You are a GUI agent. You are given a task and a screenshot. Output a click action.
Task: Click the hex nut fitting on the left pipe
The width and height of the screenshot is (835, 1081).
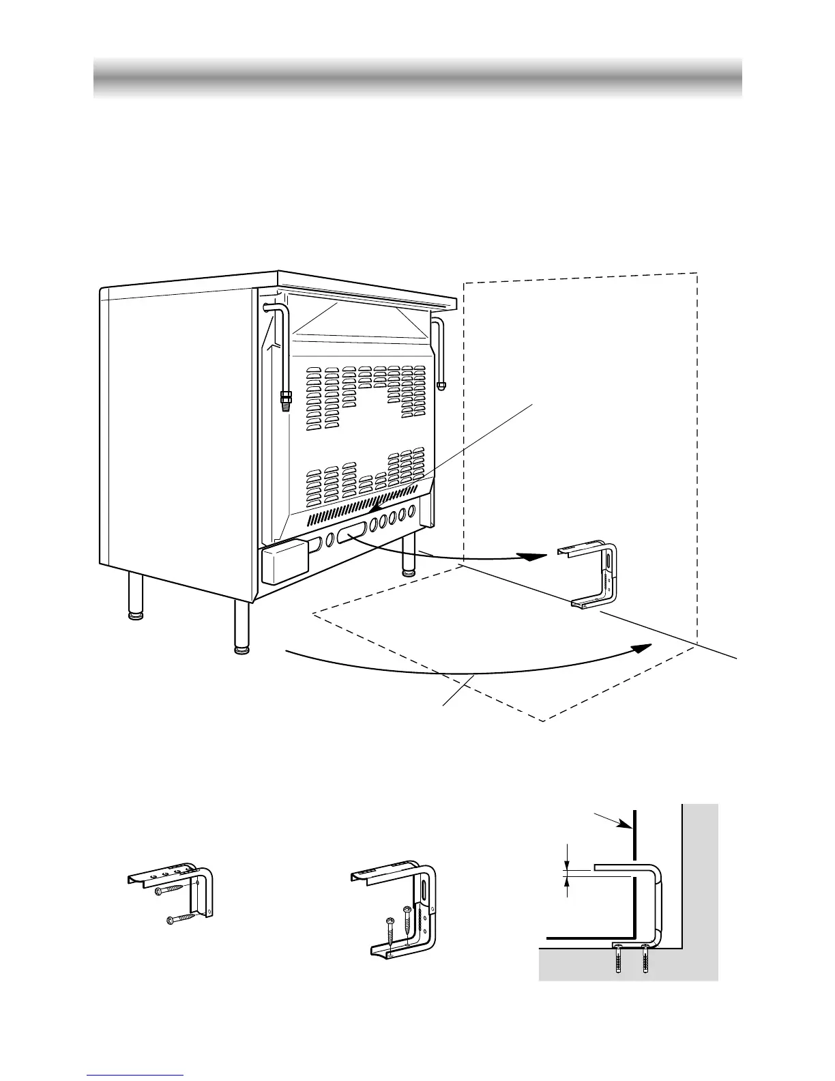tap(285, 395)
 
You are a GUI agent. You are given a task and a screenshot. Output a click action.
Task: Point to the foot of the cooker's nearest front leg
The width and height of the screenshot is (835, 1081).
tap(241, 650)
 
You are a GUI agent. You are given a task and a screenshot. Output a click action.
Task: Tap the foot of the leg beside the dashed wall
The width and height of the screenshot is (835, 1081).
tap(409, 572)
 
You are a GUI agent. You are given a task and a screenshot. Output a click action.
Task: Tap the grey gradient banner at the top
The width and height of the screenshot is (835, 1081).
tap(417, 78)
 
